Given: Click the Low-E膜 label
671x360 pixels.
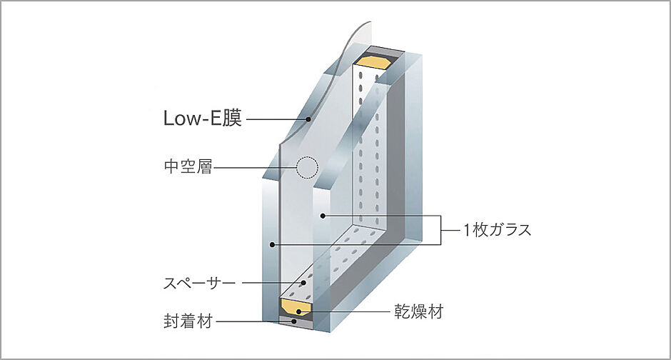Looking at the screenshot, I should click(x=203, y=119).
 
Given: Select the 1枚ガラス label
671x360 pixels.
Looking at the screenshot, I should click(x=498, y=231).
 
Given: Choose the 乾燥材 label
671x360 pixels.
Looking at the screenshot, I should click(x=420, y=311).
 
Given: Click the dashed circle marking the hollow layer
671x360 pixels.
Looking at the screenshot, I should click(x=306, y=167).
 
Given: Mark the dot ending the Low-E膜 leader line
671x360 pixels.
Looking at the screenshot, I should click(x=308, y=119).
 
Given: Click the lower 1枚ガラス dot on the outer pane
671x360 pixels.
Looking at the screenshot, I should click(x=273, y=245).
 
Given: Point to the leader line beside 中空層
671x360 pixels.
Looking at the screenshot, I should click(x=253, y=169).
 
